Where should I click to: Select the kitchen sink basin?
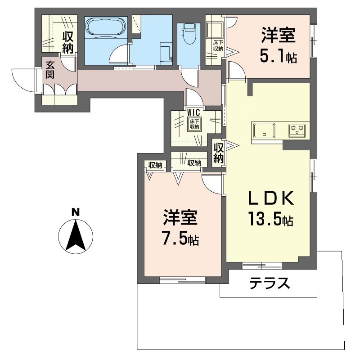click(x=265, y=130)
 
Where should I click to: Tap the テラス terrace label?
click(x=269, y=283)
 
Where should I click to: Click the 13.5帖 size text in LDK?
click(x=270, y=219)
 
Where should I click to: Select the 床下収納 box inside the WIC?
click(x=194, y=125)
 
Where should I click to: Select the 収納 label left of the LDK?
click(x=219, y=153)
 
